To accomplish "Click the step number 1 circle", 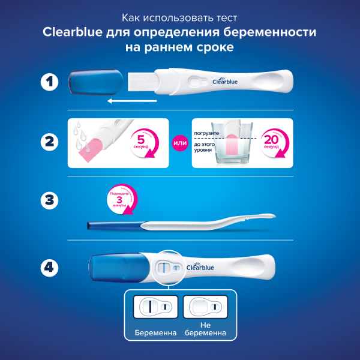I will click(50, 82).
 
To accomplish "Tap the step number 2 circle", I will click(50, 143).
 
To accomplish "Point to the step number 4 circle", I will click(50, 266).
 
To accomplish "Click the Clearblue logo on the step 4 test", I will click(202, 267).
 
